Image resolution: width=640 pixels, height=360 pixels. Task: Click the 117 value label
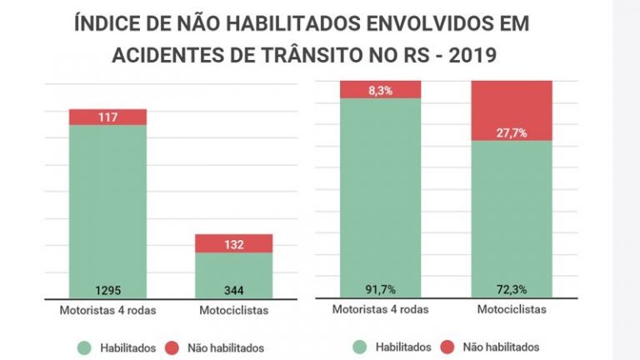pyautogui.click(x=107, y=117)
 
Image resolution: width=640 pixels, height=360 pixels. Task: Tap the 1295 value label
pyautogui.click(x=107, y=289)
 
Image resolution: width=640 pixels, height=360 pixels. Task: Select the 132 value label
pyautogui.click(x=233, y=243)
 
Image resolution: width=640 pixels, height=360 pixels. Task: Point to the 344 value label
pyautogui.click(x=233, y=289)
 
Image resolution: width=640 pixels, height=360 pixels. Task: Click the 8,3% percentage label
pyautogui.click(x=380, y=89)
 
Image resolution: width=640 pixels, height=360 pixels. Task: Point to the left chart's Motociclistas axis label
pyautogui.click(x=233, y=310)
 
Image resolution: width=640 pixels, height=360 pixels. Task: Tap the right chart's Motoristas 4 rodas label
pyautogui.click(x=380, y=309)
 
